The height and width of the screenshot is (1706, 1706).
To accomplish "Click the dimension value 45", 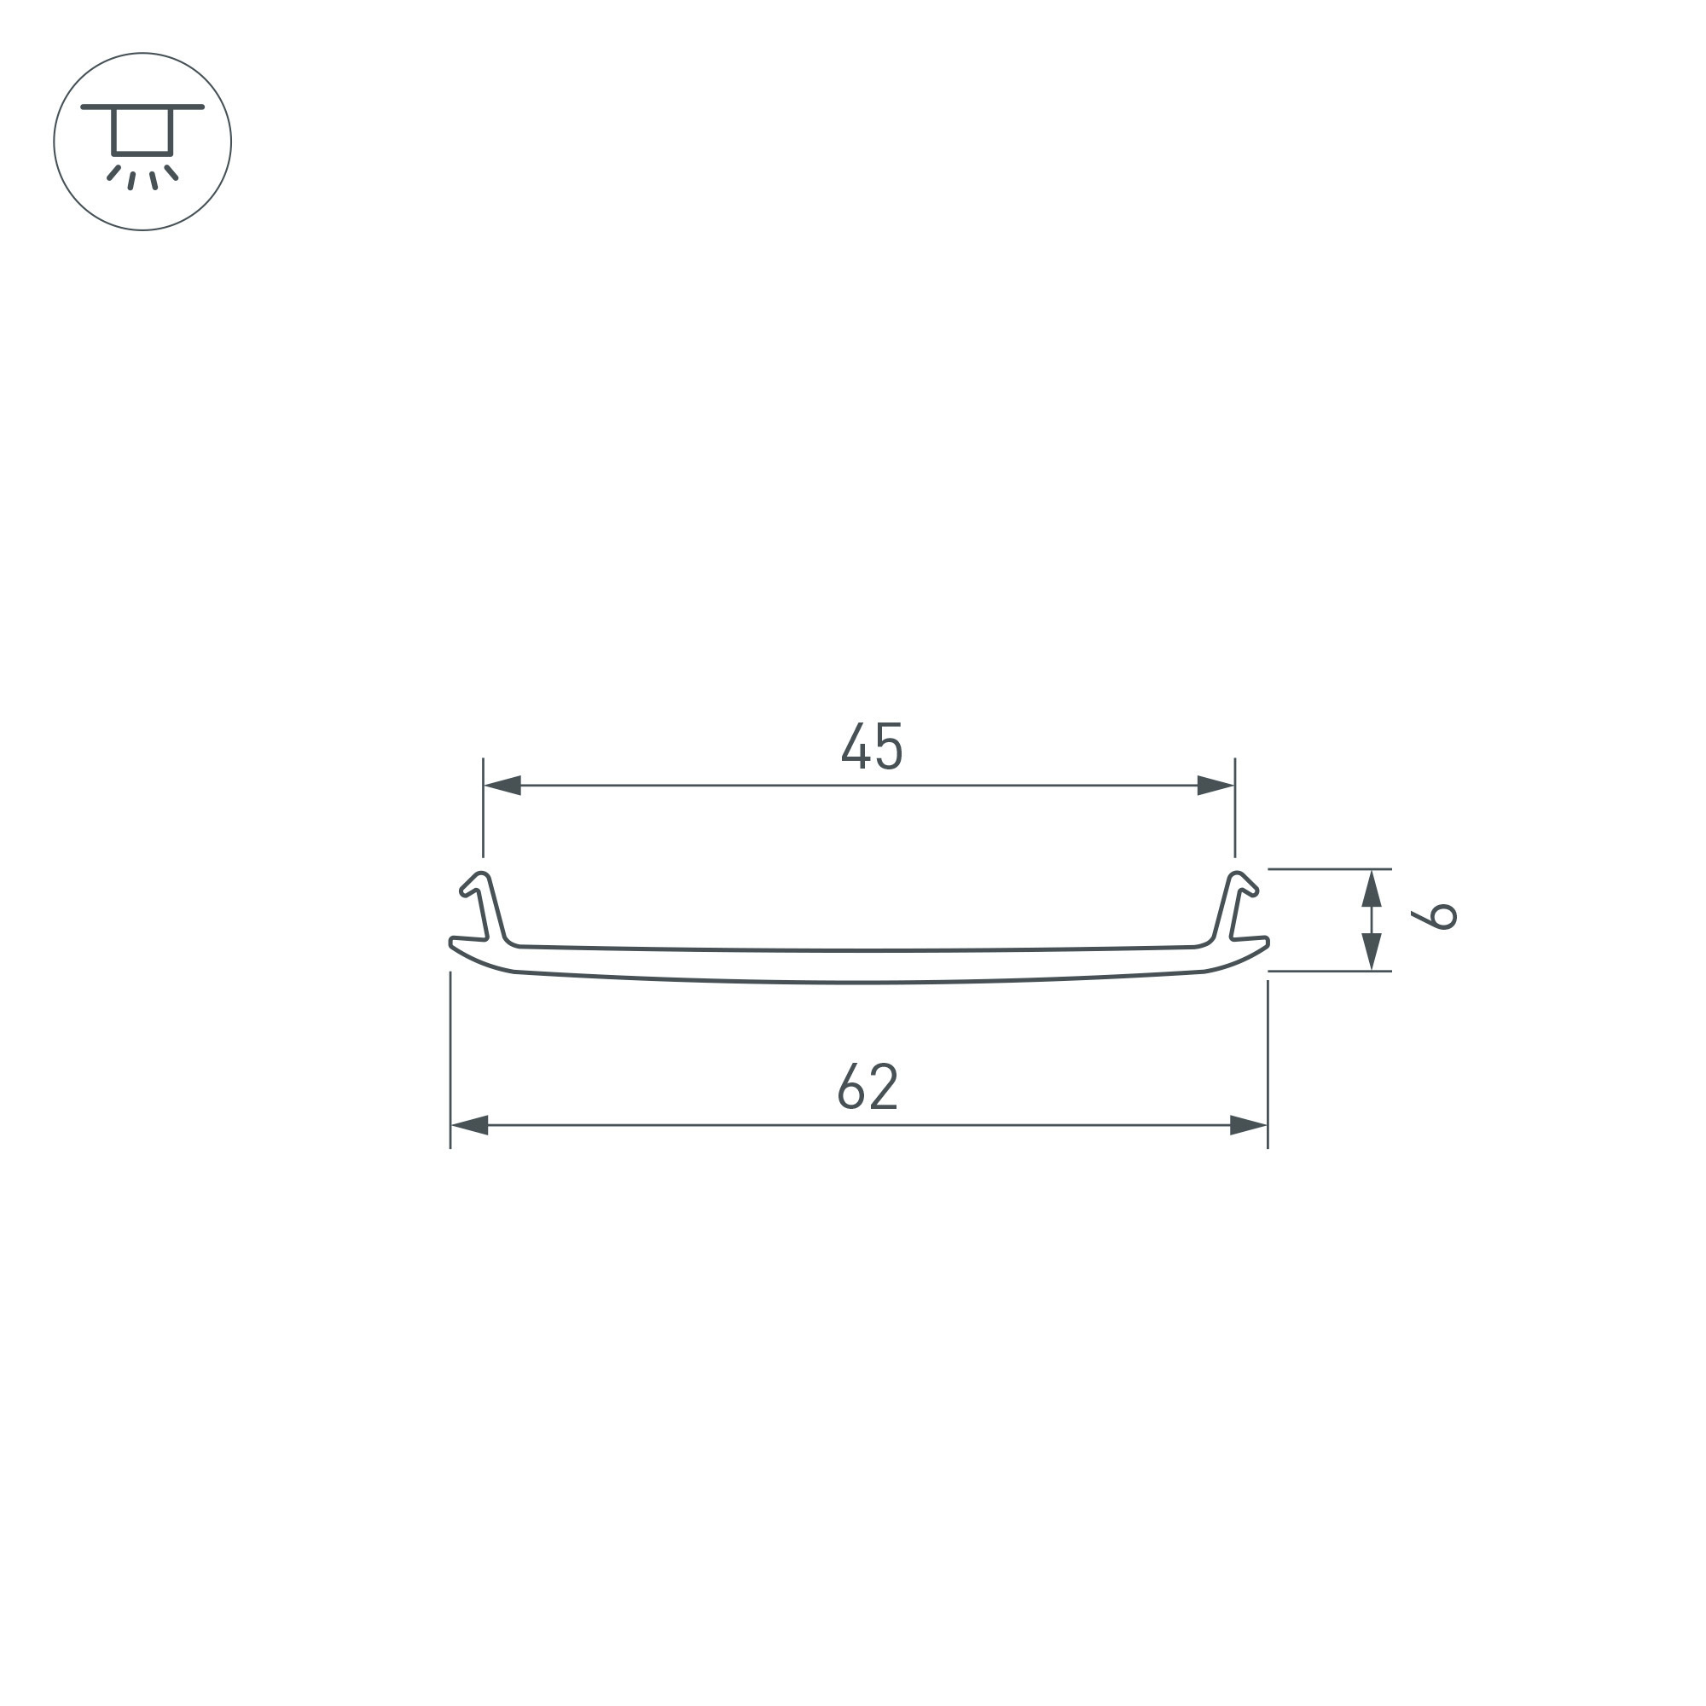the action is pos(872,746).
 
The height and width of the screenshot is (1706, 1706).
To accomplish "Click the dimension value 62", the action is pos(868,1086).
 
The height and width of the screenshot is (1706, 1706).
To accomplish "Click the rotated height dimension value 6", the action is pos(1431,918).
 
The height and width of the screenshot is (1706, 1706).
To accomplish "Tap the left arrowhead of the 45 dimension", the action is pos(502,785).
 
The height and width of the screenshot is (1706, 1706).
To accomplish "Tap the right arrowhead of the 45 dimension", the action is pos(1215,785).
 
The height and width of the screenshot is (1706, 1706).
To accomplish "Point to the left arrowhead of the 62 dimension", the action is pos(470,1125).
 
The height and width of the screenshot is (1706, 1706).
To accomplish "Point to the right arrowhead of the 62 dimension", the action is pos(1248,1125).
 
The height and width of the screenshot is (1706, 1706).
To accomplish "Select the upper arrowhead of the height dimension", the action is pos(1372,888).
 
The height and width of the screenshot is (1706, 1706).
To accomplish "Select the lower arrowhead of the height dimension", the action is pos(1372,951).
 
